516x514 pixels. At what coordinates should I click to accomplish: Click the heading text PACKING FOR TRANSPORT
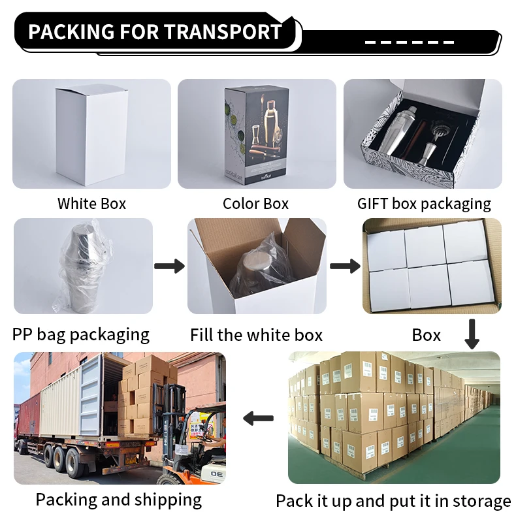tap(155, 31)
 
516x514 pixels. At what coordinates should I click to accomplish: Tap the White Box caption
tap(91, 204)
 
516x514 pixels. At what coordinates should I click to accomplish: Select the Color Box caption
tap(255, 204)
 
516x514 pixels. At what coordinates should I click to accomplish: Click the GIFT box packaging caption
tap(423, 204)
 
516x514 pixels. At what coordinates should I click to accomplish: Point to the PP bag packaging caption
tap(81, 335)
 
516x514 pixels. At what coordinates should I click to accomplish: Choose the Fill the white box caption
tap(256, 336)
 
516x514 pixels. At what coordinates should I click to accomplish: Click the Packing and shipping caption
tap(118, 500)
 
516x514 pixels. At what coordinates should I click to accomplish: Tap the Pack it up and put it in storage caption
tap(393, 502)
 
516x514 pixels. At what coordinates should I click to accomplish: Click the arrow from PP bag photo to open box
tap(169, 266)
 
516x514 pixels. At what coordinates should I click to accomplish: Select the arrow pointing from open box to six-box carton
tap(345, 266)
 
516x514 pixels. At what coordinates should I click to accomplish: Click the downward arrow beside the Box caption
tap(472, 333)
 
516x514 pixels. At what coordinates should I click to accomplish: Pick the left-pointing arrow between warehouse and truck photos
tap(258, 417)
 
